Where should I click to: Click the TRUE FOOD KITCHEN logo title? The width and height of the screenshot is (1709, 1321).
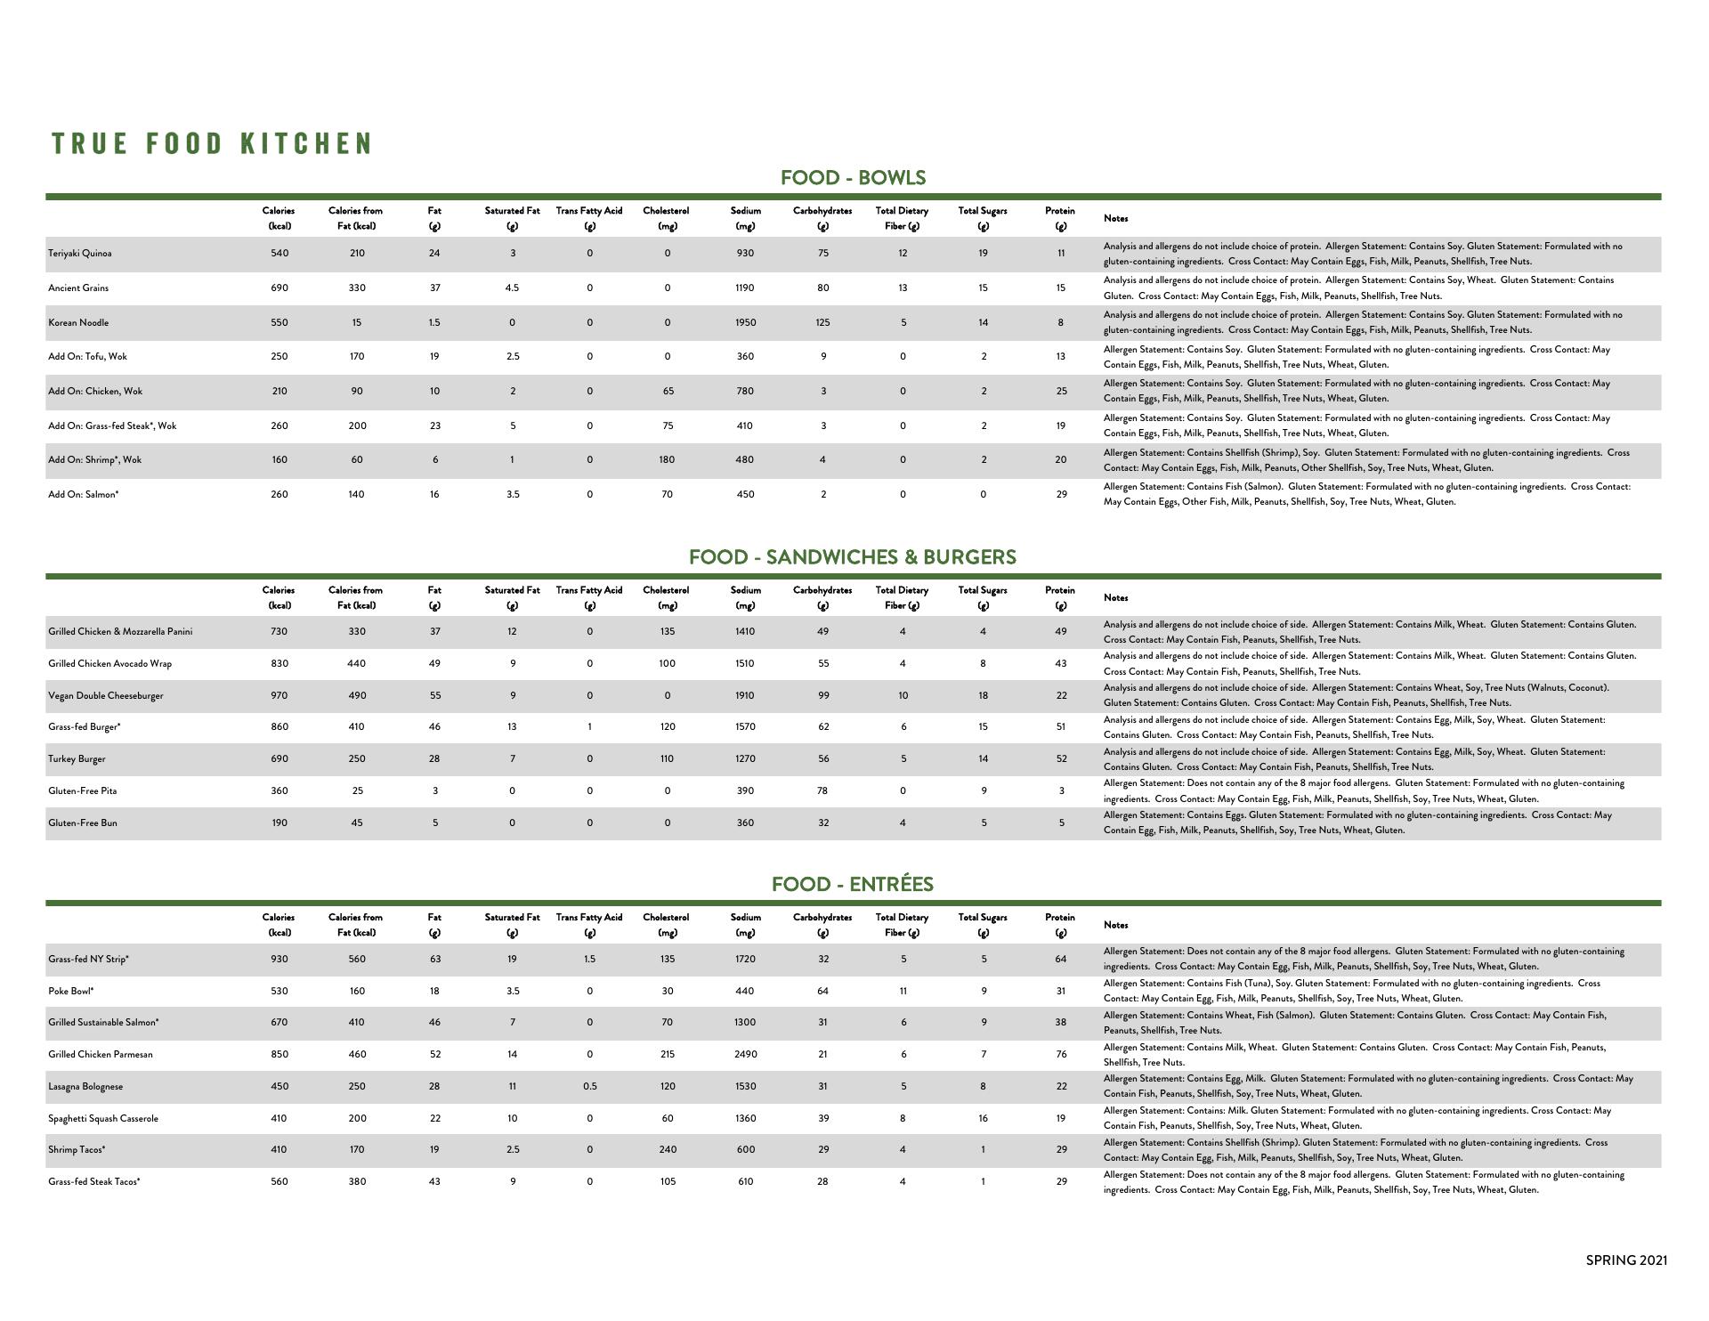(212, 143)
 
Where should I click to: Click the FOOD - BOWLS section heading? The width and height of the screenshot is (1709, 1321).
(853, 177)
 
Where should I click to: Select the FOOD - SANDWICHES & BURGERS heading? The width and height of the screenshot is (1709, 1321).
(852, 557)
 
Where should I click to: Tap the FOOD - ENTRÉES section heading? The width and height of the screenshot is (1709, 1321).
(852, 884)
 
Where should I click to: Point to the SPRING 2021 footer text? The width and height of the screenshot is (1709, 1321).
(1626, 1260)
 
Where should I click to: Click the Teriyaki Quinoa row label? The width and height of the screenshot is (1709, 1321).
(80, 254)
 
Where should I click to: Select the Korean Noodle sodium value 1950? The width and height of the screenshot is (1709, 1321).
(745, 322)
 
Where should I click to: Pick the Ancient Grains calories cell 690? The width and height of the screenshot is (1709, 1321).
(279, 288)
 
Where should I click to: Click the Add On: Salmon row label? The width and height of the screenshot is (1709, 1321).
(84, 494)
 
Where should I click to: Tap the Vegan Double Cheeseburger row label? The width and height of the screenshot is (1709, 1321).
(106, 696)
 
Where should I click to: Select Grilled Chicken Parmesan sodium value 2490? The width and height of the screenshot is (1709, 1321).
(745, 1054)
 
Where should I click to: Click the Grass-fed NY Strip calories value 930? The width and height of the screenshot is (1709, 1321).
(279, 959)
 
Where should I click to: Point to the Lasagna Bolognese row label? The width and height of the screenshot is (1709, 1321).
(85, 1086)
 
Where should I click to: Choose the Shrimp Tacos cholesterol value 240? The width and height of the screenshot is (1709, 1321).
(667, 1149)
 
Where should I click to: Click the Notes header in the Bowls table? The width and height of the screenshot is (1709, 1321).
(1115, 218)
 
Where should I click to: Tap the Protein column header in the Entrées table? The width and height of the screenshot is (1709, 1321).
(1060, 925)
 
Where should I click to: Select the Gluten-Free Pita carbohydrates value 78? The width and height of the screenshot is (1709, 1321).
(822, 790)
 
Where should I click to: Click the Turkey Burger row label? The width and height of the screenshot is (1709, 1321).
(77, 759)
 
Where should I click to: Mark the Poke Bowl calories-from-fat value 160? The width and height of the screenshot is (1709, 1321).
(356, 991)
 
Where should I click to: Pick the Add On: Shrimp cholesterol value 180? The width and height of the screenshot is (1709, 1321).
(667, 459)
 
